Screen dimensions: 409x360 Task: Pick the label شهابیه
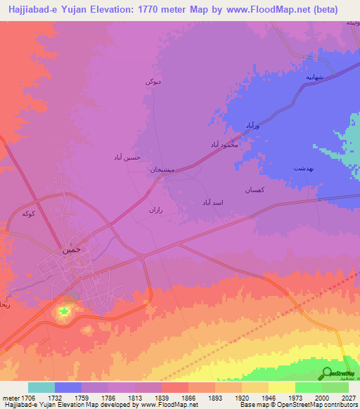click(x=314, y=74)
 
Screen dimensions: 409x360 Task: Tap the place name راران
click(x=155, y=209)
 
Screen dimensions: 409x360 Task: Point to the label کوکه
click(x=29, y=213)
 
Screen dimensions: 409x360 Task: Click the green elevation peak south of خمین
click(x=65, y=310)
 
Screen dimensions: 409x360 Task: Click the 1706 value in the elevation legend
click(x=28, y=398)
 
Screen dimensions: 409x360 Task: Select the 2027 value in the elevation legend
click(x=347, y=398)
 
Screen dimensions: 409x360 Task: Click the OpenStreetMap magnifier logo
click(x=327, y=373)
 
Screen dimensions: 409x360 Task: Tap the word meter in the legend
click(x=10, y=398)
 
